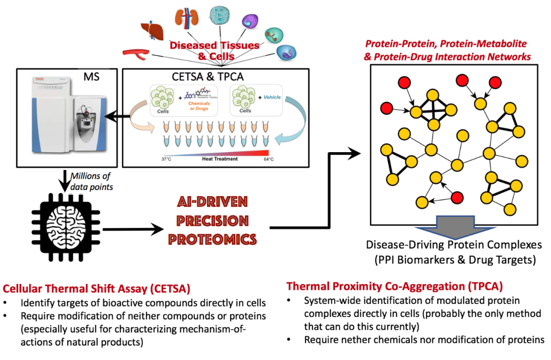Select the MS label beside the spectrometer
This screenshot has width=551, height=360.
coord(93,79)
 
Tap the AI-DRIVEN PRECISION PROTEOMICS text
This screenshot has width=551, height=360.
coord(214,221)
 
